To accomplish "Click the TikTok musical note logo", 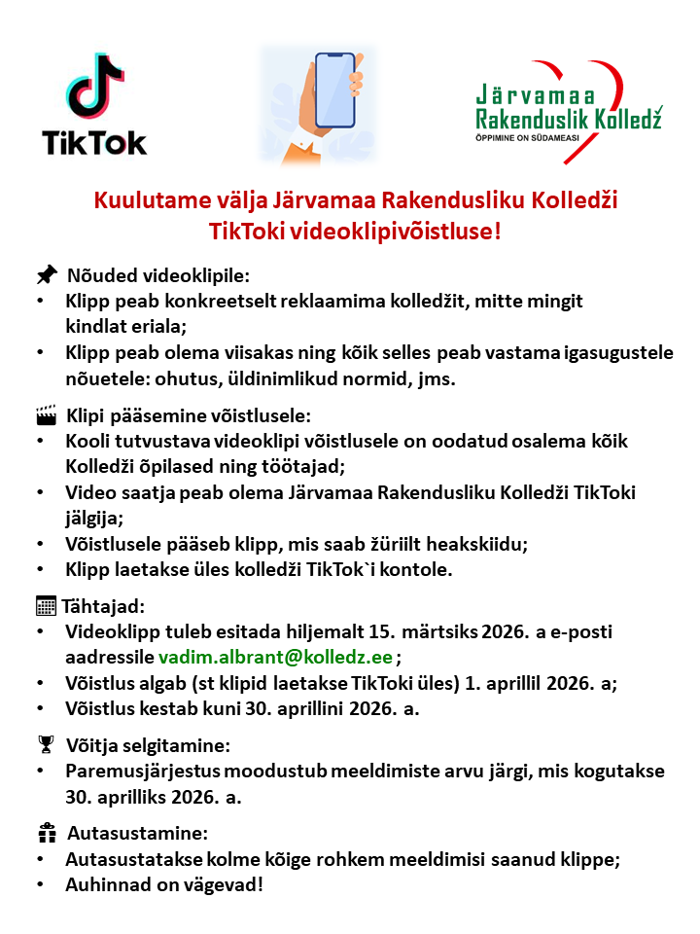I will (x=95, y=86).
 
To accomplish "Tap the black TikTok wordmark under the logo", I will (x=94, y=142).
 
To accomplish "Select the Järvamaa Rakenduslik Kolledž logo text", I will (x=569, y=108).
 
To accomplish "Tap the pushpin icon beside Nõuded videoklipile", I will (x=47, y=274).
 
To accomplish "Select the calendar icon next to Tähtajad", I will (x=46, y=606).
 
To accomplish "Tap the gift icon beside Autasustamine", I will (x=47, y=834).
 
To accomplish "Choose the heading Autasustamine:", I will (x=137, y=835).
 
